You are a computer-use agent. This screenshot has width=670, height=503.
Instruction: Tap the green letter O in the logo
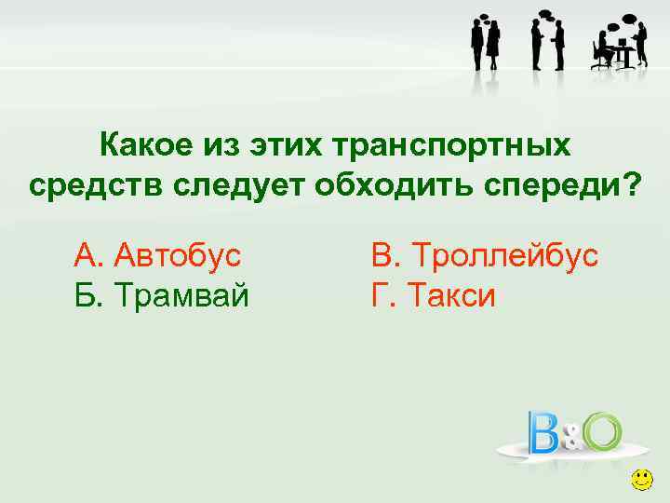[x=602, y=430]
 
